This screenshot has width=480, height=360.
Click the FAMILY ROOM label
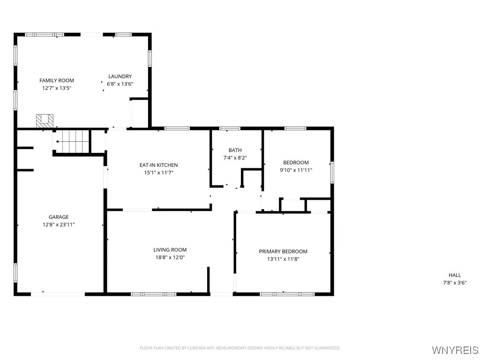(57, 81)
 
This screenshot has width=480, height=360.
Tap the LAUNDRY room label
(120, 76)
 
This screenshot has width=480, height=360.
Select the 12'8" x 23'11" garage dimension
(59, 225)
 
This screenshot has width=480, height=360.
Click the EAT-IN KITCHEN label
(158, 165)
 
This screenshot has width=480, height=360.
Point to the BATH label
(235, 150)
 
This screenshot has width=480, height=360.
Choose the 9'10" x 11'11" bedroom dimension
(296, 170)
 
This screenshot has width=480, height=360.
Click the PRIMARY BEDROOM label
(283, 252)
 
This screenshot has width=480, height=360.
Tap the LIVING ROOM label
(170, 250)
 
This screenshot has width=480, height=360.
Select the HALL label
(455, 275)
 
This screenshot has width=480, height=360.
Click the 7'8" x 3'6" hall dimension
(455, 283)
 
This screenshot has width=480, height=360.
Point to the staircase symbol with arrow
(71, 141)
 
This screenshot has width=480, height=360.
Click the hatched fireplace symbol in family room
(45, 120)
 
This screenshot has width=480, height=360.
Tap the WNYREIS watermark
(454, 350)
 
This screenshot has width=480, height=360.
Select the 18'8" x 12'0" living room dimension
(170, 257)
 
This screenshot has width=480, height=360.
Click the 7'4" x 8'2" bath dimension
(235, 158)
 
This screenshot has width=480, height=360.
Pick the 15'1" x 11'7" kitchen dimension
(158, 172)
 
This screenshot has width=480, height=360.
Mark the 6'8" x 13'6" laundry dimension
(120, 84)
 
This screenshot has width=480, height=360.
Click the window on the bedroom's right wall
(332, 172)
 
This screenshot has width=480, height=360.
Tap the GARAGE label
(59, 217)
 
